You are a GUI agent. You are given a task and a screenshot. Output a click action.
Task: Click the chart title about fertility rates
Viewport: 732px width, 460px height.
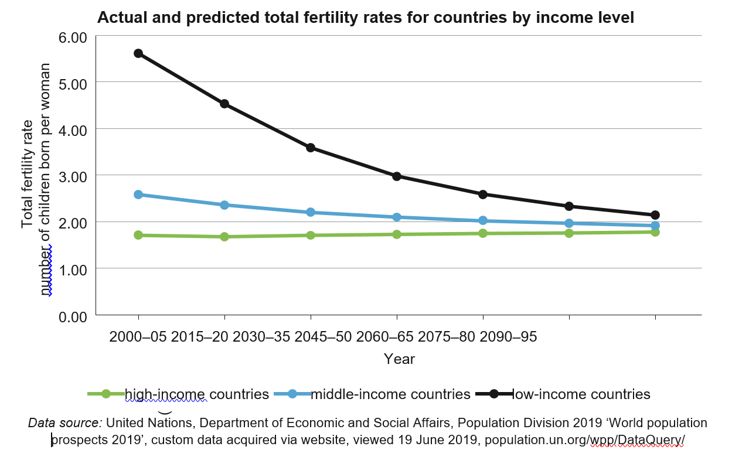[x=365, y=18]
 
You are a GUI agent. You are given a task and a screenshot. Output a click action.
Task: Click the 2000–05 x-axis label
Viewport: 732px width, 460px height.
[x=138, y=337]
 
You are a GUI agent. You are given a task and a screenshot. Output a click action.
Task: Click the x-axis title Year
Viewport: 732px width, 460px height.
[x=399, y=359]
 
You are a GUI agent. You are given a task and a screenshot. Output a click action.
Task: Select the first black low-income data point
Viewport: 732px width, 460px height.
[x=138, y=53]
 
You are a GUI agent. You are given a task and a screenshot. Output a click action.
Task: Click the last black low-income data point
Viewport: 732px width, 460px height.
[x=655, y=215]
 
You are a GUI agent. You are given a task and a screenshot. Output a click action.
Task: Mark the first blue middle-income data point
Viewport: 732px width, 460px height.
[x=138, y=195]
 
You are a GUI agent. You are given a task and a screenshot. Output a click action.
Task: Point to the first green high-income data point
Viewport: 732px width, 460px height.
[x=138, y=235]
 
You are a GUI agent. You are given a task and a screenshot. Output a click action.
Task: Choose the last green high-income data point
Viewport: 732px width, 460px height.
[x=655, y=232]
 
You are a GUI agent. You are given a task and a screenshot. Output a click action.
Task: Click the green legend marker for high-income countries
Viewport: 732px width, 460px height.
[x=106, y=394]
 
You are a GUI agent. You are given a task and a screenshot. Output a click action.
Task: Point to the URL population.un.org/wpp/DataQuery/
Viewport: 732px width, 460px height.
[x=584, y=440]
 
